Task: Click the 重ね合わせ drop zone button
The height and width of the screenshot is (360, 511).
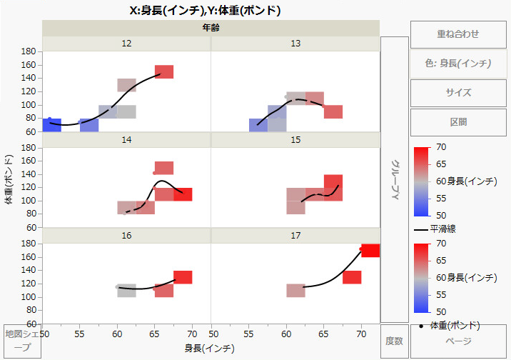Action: coord(457,34)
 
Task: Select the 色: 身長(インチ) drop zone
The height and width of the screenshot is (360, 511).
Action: coord(457,64)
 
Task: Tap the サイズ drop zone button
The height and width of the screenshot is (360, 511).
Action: coord(457,93)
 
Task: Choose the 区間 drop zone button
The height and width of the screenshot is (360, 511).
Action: coord(457,122)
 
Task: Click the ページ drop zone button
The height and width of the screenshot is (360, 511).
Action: coord(457,341)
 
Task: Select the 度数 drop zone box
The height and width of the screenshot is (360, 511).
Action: coord(394,341)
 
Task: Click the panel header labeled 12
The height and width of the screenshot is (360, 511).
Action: coord(126,44)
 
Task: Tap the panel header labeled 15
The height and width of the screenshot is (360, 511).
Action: coord(295,139)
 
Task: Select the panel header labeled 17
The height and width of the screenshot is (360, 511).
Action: coord(295,235)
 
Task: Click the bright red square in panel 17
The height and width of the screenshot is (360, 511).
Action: coord(370,250)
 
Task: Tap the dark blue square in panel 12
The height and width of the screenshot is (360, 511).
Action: coord(51,125)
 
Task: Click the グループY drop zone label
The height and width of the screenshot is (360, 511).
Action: coord(394,179)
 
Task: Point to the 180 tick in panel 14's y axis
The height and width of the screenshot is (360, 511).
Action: coord(29,147)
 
